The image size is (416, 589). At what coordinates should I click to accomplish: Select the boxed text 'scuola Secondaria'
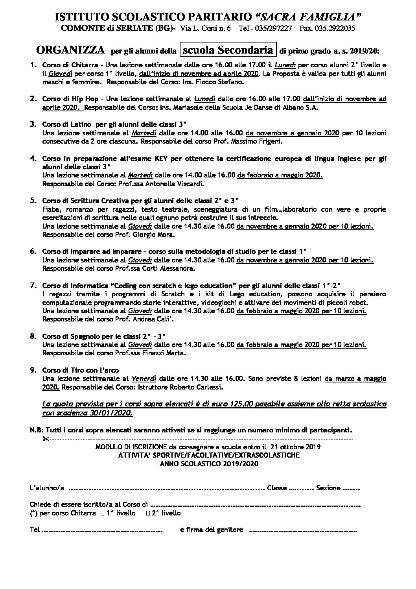228,50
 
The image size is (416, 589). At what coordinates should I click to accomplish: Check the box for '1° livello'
103,513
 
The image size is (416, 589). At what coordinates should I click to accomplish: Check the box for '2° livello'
148,513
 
